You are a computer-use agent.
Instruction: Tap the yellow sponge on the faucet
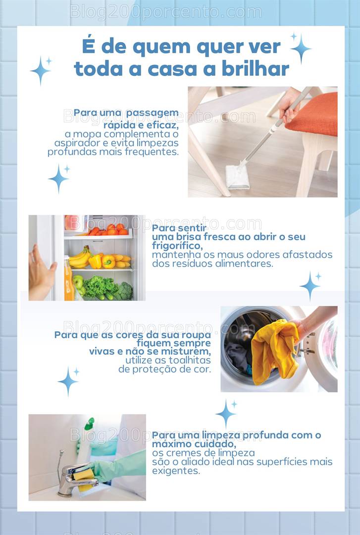point(84,476)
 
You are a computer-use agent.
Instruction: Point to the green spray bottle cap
point(89,424)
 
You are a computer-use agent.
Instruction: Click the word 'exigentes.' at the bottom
point(176,471)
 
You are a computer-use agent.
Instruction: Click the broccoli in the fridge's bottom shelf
point(124,291)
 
